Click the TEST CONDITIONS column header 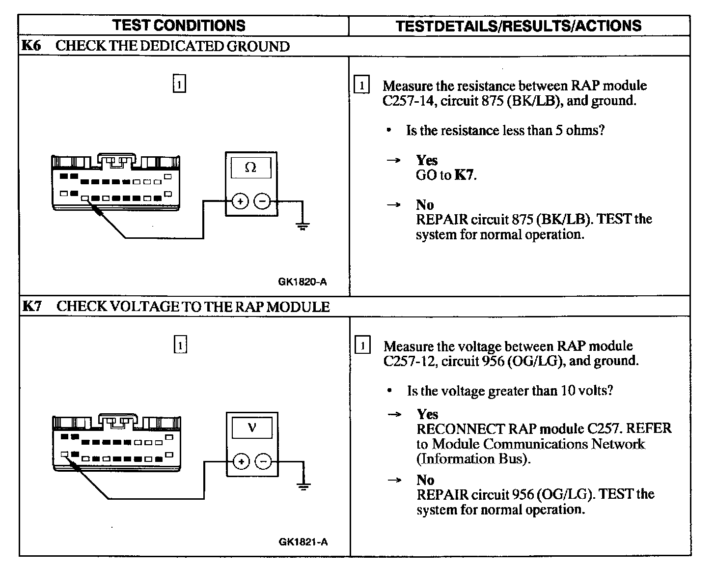pos(179,26)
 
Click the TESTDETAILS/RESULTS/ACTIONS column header pos(519,26)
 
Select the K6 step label pos(31,46)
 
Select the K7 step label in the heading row pos(32,306)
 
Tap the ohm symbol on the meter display pos(250,168)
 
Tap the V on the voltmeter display pos(252,427)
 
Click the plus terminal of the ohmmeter pos(240,201)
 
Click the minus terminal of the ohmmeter pos(262,201)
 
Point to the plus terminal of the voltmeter pos(241,461)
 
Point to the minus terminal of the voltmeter pos(264,461)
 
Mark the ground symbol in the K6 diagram pos(302,227)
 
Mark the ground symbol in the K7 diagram pos(303,487)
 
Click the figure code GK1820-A pos(302,282)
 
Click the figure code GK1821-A pos(303,542)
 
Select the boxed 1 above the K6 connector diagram pos(180,84)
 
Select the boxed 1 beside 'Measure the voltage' pos(362,346)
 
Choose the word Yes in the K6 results pos(426,160)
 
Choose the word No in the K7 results pos(425,479)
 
